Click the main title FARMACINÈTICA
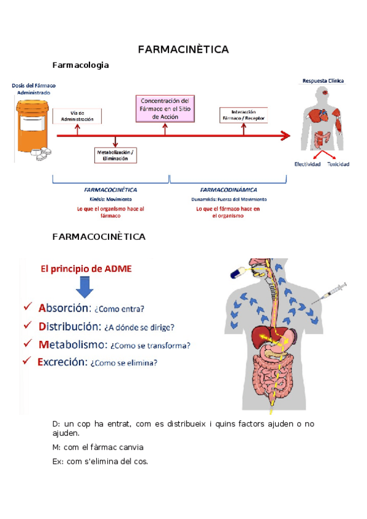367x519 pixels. click(183, 49)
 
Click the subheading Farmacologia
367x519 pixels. click(81, 64)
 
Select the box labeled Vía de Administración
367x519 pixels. click(77, 116)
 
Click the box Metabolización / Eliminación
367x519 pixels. click(115, 155)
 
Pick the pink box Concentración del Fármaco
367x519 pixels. click(164, 108)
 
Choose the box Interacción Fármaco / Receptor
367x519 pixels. click(243, 115)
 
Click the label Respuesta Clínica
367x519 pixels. click(322, 81)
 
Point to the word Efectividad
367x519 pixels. click(307, 164)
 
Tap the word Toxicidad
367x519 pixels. click(338, 164)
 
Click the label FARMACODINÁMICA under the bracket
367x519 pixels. click(227, 190)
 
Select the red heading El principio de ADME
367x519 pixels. click(85, 268)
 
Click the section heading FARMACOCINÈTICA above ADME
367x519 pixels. click(99, 236)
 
